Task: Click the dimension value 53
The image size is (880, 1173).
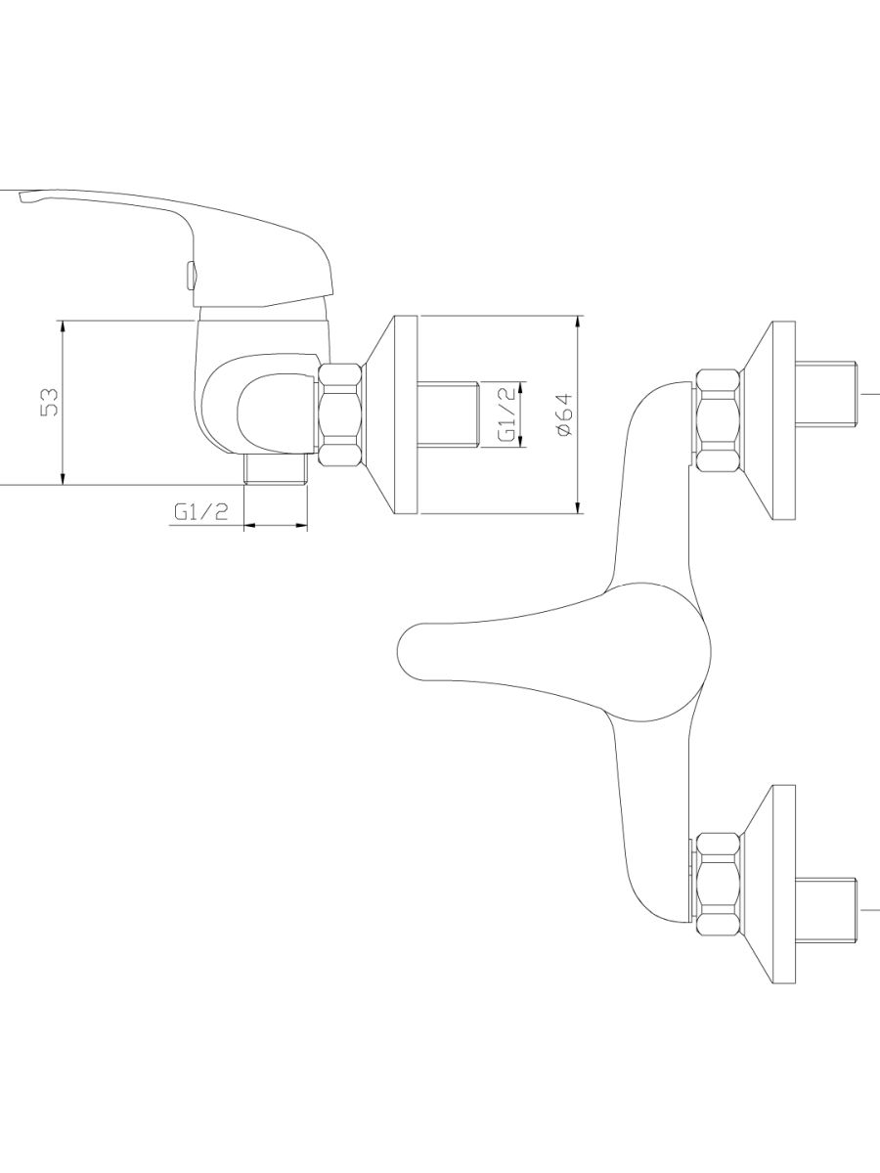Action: click(49, 402)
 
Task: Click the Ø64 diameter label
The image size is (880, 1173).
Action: click(563, 414)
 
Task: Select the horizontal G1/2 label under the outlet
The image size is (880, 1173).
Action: click(200, 513)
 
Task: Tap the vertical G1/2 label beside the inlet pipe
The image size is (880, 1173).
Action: click(507, 413)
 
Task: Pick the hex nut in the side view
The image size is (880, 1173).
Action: click(340, 413)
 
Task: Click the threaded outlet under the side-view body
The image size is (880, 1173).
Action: click(276, 468)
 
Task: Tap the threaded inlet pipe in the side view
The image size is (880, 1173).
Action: click(449, 414)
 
